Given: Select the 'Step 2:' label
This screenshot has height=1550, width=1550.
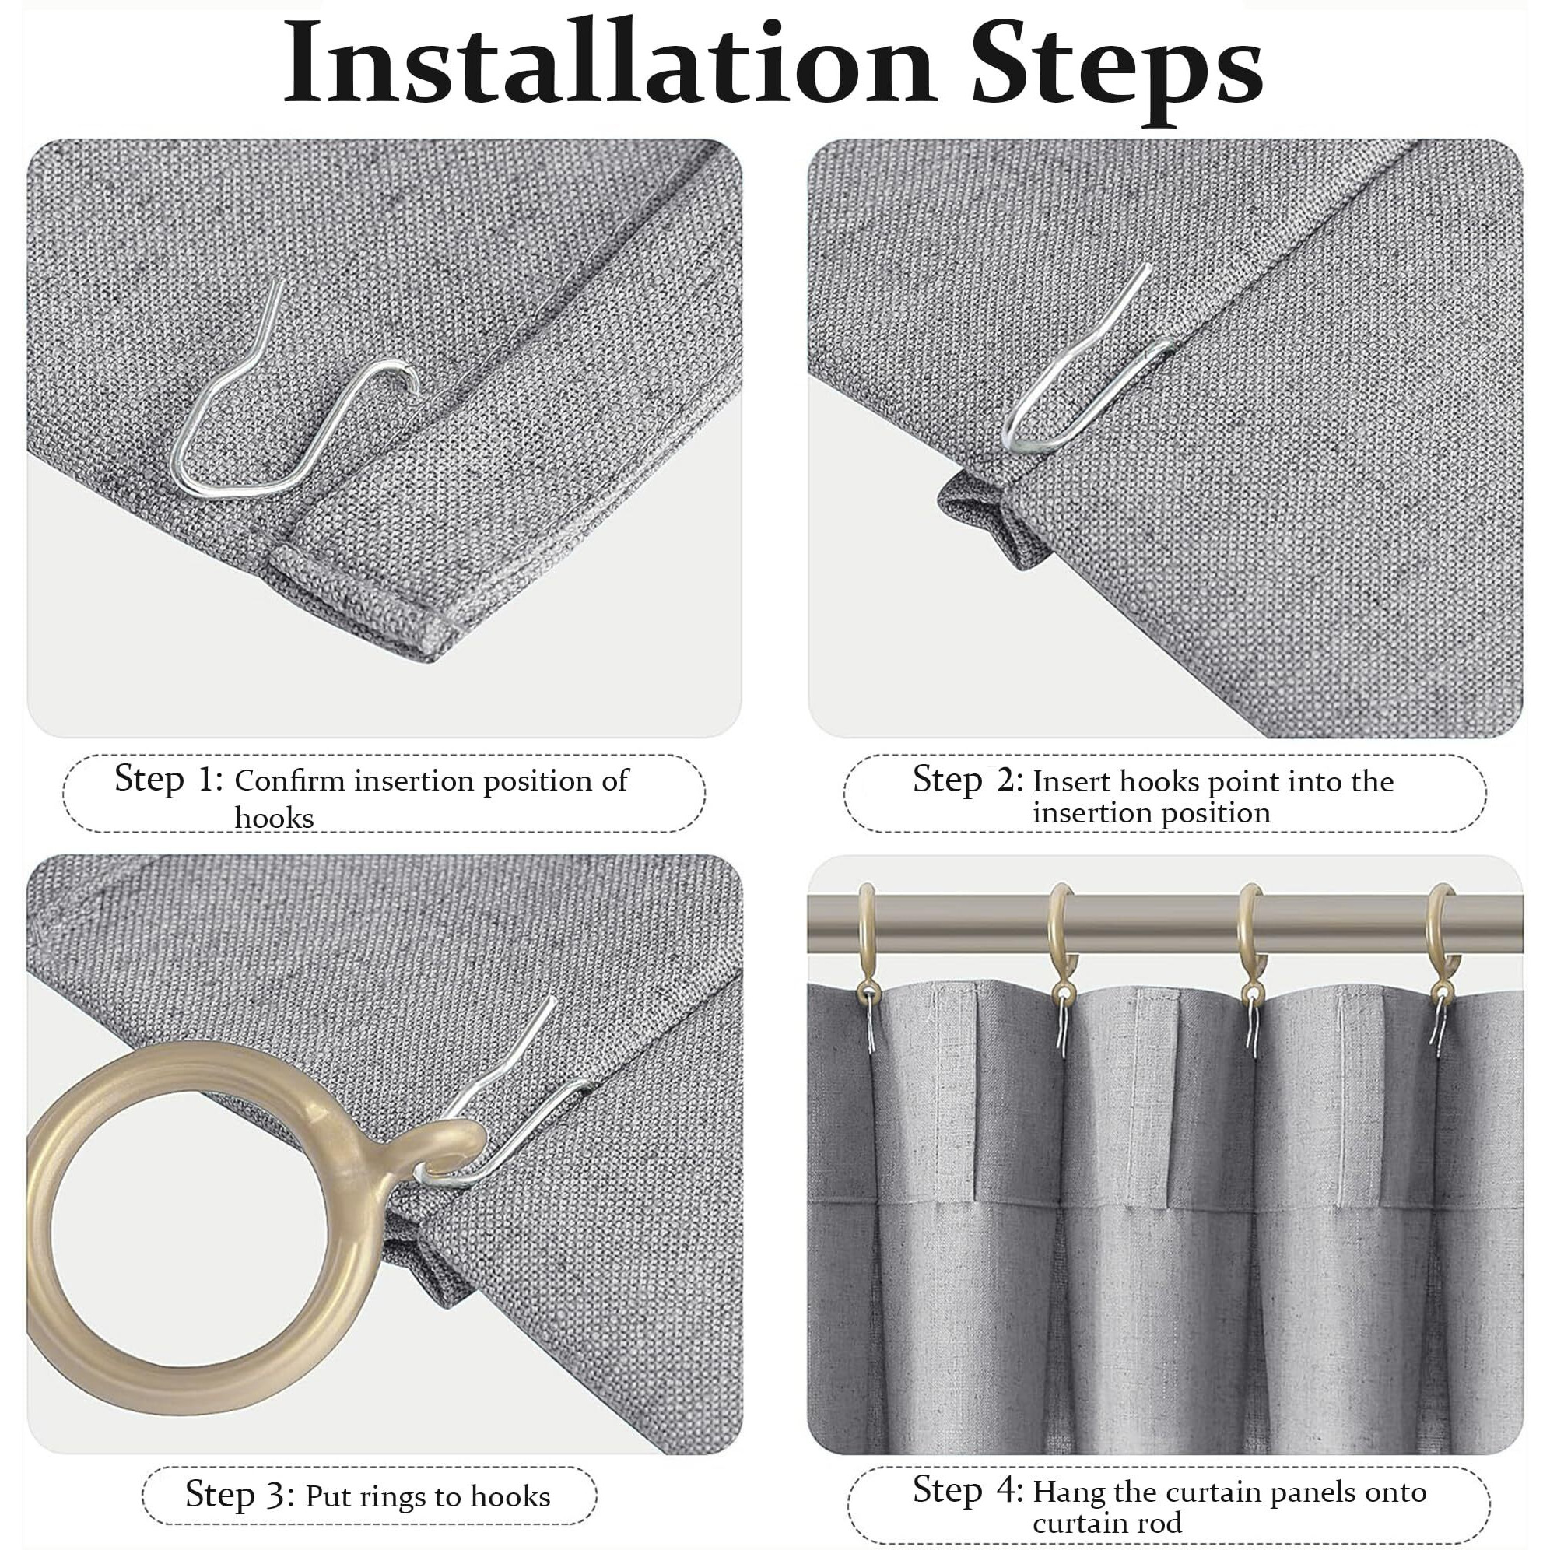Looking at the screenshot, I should click(967, 780).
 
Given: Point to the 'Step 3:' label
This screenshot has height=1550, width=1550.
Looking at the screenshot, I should click(240, 1495).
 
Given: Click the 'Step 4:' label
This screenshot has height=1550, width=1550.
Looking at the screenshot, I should click(967, 1490).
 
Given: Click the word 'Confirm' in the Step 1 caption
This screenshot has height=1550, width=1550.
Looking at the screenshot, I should click(289, 780).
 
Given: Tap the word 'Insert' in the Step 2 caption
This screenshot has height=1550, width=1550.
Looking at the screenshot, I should click(1071, 781).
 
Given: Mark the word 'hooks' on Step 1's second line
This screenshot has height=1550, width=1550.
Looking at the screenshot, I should click(274, 819).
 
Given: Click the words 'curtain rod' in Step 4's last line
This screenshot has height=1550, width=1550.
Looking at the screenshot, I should click(1107, 1522).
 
